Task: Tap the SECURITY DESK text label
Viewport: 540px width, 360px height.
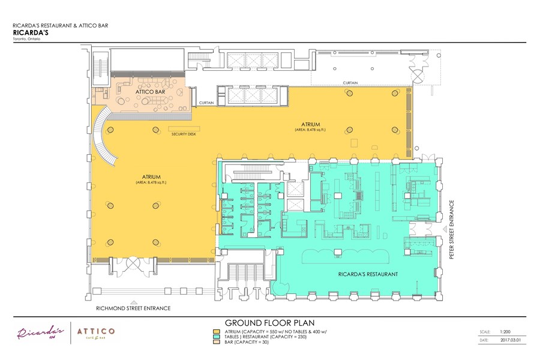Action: (184, 134)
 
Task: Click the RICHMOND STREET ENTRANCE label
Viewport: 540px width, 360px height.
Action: (133, 308)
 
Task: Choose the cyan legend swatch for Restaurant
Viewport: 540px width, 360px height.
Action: (216, 337)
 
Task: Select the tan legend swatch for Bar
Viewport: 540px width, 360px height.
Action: (216, 343)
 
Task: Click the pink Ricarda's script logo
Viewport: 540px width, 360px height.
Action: (40, 333)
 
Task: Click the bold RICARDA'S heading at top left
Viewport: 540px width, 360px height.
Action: (29, 33)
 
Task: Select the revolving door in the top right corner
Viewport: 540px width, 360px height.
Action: (416, 74)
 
